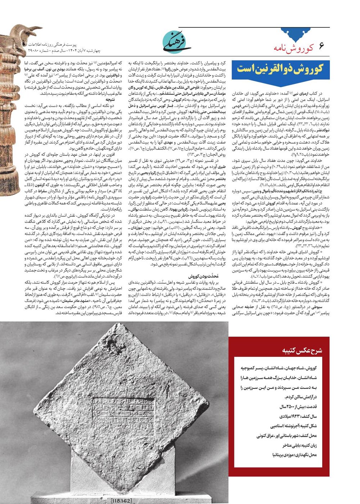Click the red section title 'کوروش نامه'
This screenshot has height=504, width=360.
(293, 47)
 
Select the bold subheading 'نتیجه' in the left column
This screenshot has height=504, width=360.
(110, 99)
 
